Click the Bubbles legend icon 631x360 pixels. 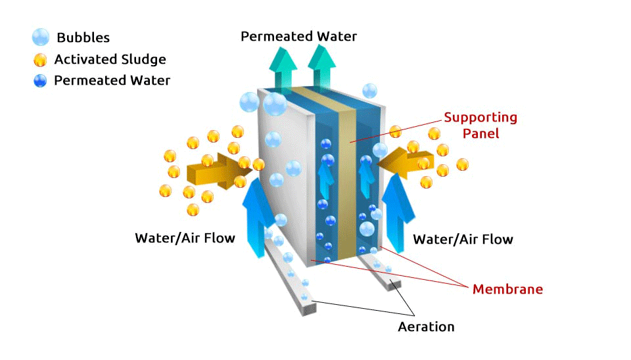40,37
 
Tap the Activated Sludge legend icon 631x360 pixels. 40,60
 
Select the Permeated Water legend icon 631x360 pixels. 40,81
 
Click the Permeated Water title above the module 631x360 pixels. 298,36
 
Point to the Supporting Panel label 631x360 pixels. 480,125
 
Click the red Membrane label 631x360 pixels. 507,289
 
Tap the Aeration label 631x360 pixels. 426,326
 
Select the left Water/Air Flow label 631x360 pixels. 185,238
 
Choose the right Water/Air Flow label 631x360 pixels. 463,238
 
